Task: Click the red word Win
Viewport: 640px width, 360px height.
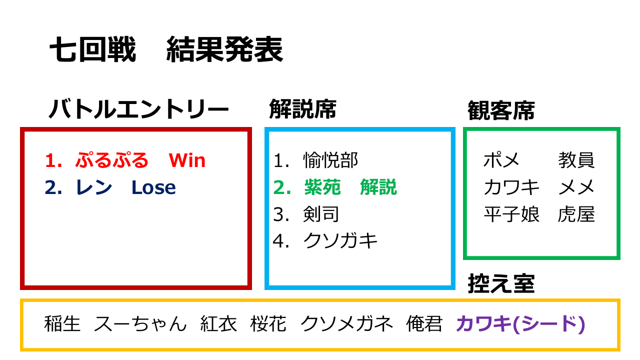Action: point(187,160)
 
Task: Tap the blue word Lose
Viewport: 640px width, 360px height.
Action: point(153,187)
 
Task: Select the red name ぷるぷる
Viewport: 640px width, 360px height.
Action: point(111,160)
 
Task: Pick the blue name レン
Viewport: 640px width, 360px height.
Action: point(94,187)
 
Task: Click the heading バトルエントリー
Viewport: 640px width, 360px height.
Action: point(139,109)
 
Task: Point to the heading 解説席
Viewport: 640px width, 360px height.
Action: point(302,109)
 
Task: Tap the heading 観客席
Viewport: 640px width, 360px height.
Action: point(501,110)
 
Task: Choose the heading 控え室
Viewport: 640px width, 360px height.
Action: point(501,283)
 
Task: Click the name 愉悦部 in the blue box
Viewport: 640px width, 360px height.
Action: point(330,160)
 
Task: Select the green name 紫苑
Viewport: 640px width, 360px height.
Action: point(322,187)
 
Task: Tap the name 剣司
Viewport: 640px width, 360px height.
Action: point(321,214)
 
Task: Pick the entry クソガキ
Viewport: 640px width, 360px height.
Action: point(340,241)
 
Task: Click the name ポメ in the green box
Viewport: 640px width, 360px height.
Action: point(501,160)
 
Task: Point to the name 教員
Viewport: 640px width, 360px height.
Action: point(576,160)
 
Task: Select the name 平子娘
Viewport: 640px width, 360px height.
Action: point(511,214)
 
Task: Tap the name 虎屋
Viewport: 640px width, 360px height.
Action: point(576,214)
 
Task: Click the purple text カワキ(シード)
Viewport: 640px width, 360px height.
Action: point(520,324)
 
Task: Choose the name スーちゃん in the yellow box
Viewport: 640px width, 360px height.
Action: point(140,324)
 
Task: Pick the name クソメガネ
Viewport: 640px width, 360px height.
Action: point(346,324)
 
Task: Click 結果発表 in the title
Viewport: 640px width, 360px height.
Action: point(224,49)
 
